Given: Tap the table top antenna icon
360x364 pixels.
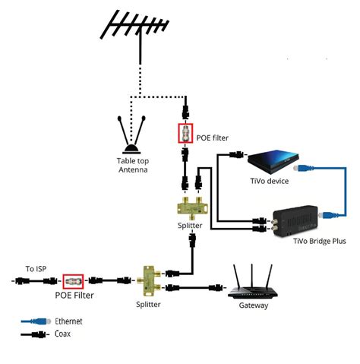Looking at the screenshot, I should click(131, 135).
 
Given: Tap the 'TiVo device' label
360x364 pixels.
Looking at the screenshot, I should click(270, 181).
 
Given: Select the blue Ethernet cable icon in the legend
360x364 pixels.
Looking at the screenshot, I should click(33, 321).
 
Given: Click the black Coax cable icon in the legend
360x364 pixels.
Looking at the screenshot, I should click(33, 334).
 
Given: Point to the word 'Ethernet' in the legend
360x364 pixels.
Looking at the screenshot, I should click(70, 321).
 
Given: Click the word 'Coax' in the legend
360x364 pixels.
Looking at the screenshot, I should click(64, 334).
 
